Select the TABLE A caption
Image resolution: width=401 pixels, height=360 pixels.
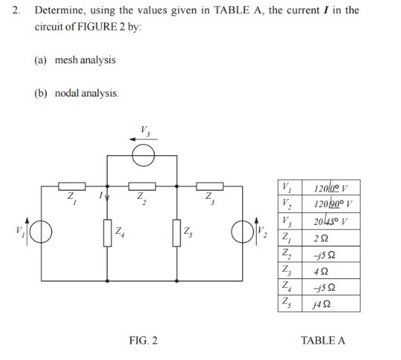click(x=323, y=340)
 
